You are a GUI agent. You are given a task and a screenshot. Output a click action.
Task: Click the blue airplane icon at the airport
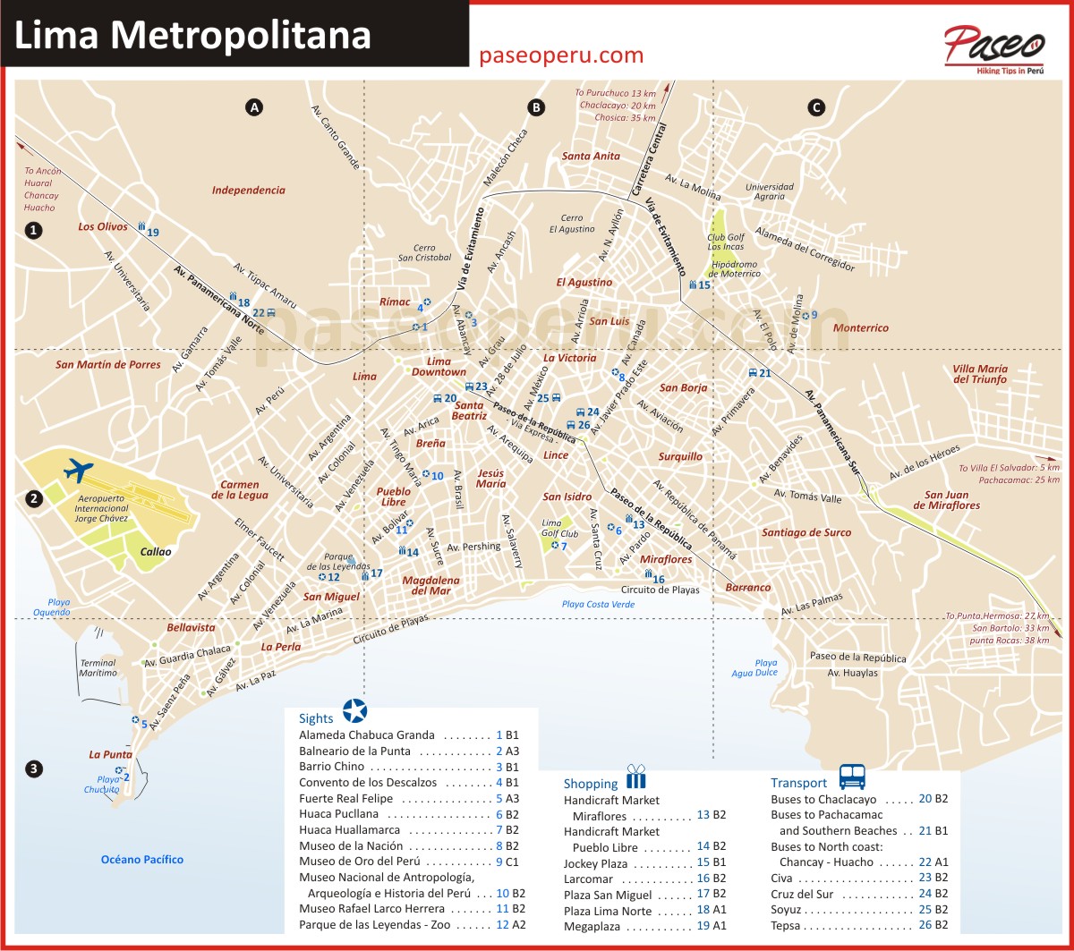80,469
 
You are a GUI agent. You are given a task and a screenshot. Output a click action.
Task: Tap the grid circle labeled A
254,107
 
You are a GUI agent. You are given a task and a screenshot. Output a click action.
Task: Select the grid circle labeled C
815,107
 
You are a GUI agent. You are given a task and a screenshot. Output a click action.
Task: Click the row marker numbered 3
34,768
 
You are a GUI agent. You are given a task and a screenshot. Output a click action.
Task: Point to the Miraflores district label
667,559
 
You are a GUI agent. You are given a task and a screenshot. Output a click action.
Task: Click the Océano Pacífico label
141,860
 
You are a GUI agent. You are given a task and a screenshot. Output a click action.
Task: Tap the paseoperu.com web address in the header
561,55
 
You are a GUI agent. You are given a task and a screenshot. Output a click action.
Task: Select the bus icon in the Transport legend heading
852,777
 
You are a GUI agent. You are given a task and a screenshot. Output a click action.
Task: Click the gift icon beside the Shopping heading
635,776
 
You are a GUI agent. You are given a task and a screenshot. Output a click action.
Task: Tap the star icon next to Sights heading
354,710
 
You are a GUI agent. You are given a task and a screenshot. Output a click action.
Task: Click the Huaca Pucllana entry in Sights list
339,814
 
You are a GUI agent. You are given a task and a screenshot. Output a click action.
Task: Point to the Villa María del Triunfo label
980,374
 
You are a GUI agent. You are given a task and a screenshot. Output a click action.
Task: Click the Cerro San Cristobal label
425,253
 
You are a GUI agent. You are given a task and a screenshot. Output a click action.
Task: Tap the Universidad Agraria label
770,193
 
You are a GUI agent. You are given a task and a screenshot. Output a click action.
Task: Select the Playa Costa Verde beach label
598,605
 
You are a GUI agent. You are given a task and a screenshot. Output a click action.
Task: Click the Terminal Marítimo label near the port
98,667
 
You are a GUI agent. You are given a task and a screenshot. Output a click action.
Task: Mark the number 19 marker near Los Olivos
153,233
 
